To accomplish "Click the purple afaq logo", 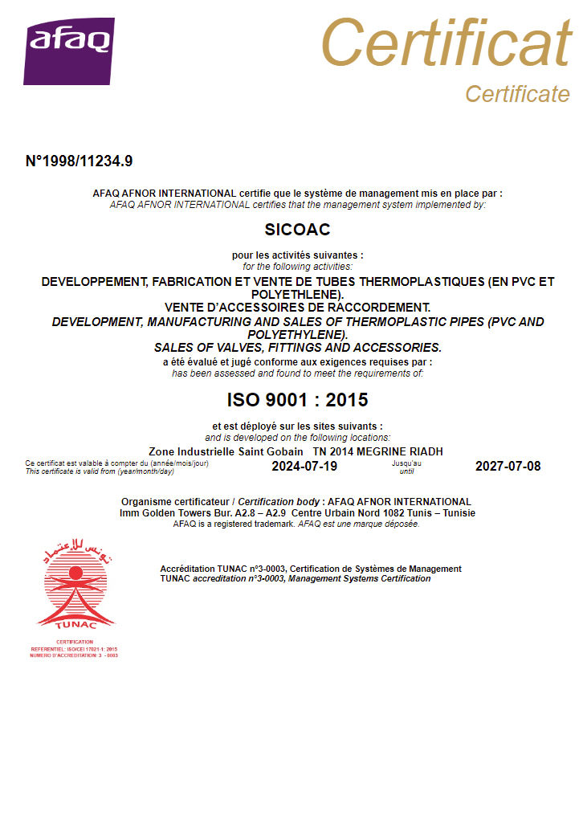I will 69,51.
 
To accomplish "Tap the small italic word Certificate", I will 517,94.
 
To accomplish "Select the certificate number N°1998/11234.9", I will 79,161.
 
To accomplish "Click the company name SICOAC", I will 297,230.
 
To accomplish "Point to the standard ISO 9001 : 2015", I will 297,399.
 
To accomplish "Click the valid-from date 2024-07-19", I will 304,467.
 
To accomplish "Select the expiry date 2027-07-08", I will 508,467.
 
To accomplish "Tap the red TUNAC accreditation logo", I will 76,585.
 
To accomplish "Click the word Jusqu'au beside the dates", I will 406,463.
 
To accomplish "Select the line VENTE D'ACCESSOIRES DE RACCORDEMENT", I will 297,308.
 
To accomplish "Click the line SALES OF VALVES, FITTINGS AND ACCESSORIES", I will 297,348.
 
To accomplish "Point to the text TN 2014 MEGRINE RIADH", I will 377,451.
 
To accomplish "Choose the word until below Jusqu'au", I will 406,471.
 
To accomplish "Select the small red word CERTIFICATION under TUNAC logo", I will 74,642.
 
